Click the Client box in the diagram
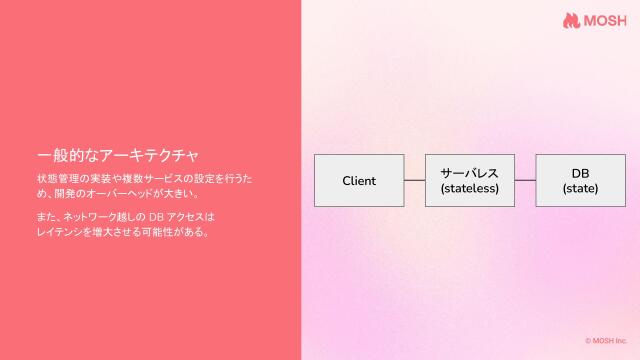click(359, 180)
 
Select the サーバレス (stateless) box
click(469, 180)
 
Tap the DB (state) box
click(580, 180)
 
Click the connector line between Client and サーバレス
click(414, 180)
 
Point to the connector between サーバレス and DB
click(525, 180)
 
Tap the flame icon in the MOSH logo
click(571, 21)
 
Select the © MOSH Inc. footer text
click(606, 341)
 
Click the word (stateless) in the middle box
click(469, 188)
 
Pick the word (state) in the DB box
click(580, 188)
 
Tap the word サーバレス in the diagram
click(469, 172)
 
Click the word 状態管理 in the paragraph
click(54, 178)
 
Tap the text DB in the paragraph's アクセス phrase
click(154, 216)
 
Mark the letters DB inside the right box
click(580, 172)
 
